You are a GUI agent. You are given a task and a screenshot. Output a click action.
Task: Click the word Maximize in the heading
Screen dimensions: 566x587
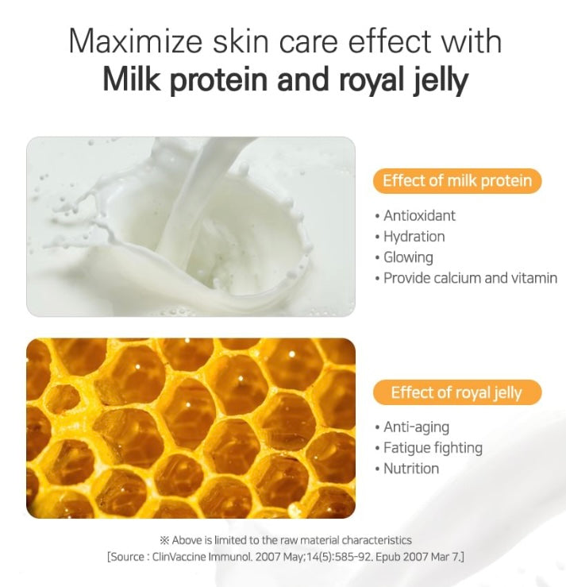135,41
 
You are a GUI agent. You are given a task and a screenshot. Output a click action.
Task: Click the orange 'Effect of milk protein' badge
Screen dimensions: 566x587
457,181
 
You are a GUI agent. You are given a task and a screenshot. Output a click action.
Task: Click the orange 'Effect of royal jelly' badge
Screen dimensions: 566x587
457,392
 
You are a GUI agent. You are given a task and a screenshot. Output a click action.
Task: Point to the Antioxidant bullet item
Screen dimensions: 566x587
415,215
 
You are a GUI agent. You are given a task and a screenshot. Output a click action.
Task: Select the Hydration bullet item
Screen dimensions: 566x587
410,237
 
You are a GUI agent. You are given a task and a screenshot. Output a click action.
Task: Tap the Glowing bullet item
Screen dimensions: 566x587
404,257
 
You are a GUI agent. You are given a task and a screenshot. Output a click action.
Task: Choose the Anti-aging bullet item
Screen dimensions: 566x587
412,427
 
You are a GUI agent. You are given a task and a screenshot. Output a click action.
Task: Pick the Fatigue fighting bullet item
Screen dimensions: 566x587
429,448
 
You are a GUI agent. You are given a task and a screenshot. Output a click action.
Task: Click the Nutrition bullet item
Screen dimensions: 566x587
407,469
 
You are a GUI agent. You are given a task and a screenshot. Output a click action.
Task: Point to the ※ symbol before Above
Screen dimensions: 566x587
164,540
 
